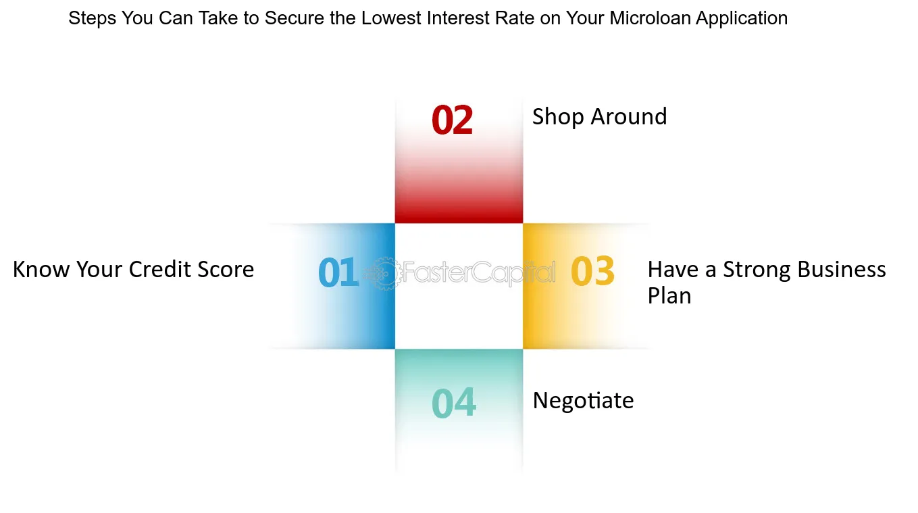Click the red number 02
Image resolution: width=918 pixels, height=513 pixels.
[452, 120]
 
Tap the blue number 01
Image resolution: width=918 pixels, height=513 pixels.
[338, 272]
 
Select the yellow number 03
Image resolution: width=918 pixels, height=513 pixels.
[592, 270]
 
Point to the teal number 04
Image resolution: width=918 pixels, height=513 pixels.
[454, 403]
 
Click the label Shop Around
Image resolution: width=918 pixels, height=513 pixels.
[600, 117]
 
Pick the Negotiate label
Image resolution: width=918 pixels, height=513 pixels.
[583, 401]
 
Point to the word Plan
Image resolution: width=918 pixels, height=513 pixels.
[669, 295]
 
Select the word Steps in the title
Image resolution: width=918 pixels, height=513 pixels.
[93, 18]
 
